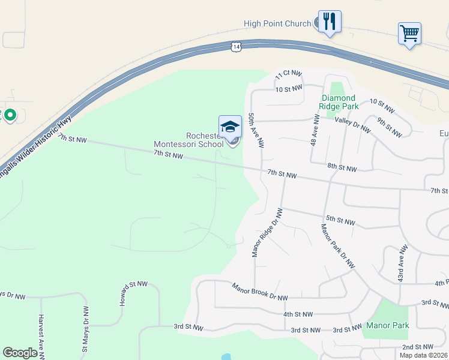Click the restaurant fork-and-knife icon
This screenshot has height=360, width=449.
(330, 22)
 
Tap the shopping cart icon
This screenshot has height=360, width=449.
(409, 33)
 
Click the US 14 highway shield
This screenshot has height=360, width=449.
(237, 46)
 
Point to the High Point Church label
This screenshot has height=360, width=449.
(277, 24)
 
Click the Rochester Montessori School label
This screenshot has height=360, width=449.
(188, 140)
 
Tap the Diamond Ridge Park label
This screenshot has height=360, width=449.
(339, 102)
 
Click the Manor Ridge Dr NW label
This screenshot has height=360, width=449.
(267, 233)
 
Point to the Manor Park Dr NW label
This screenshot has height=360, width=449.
(338, 246)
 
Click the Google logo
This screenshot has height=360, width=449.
(20, 353)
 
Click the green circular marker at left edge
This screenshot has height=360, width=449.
(10, 114)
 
